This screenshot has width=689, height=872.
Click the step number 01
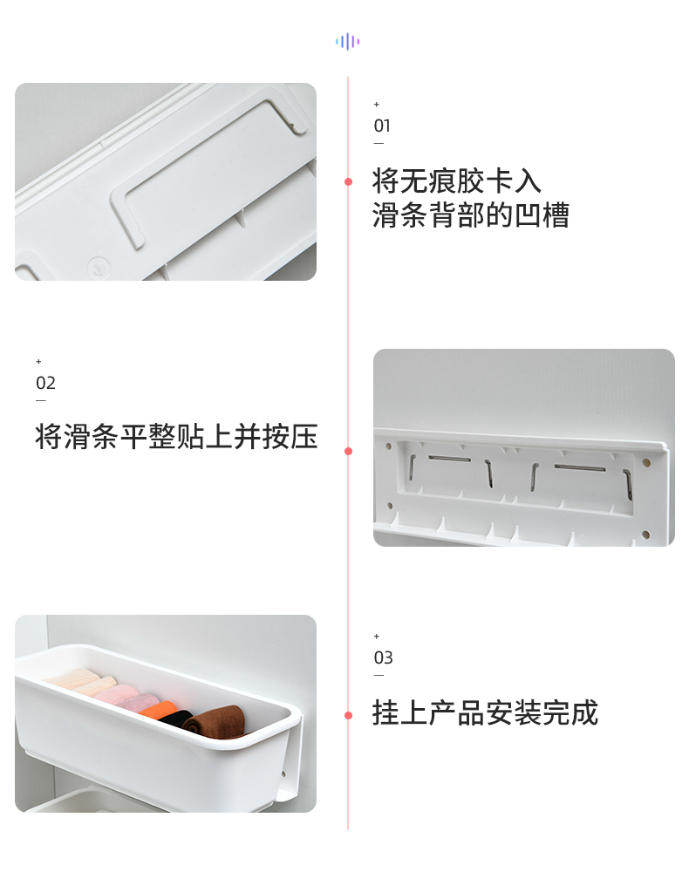382,126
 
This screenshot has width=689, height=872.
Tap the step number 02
45,383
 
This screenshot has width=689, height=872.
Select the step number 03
383,657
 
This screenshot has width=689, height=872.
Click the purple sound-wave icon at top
348,41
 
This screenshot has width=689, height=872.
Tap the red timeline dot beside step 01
348,182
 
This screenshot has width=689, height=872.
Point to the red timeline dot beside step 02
348,451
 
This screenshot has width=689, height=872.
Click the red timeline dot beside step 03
348,715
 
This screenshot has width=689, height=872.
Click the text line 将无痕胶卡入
456,181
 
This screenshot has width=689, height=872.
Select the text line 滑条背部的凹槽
470,215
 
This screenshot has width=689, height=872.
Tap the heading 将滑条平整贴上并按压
177,437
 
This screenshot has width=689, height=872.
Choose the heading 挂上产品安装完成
485,713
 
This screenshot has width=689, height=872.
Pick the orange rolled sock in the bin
158,710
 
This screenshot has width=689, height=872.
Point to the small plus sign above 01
377,105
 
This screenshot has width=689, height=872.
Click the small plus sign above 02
38,362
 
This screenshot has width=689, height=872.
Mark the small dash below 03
379,676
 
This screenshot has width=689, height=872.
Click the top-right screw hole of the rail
646,462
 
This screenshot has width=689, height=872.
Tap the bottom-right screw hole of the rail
645,535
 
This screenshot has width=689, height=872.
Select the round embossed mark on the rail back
99,266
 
